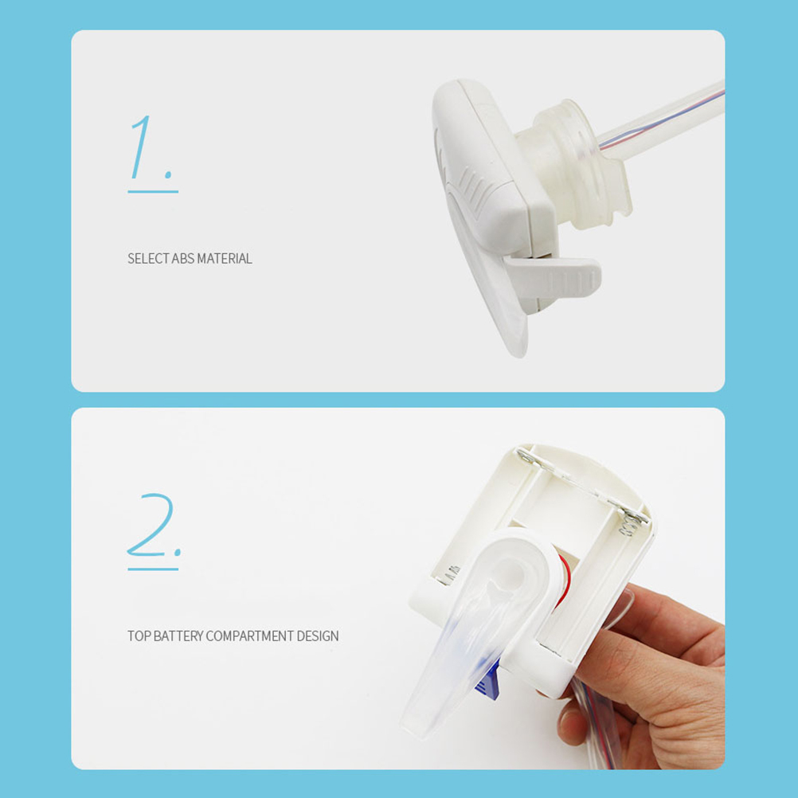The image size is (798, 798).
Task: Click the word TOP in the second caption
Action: pos(139,636)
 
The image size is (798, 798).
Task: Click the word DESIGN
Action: pos(318,636)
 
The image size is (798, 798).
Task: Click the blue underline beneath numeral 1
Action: pos(153,192)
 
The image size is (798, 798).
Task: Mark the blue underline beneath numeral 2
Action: pos(153,569)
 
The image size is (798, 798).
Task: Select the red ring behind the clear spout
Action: pos(564,580)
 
